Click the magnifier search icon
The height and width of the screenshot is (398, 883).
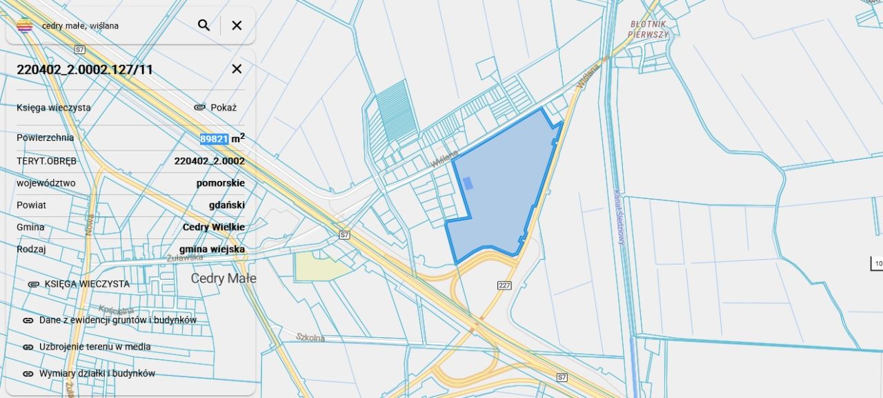[204, 26]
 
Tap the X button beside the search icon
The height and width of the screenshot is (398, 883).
[237, 26]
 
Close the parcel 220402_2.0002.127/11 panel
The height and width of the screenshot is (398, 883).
[237, 69]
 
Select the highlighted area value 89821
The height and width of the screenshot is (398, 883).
[214, 139]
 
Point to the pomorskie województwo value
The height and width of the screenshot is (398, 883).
[220, 183]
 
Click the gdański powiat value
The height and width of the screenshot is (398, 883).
[226, 205]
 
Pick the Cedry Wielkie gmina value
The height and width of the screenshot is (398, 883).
[213, 227]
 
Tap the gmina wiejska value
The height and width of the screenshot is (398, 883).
[212, 249]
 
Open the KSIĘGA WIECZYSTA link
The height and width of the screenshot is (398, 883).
[87, 284]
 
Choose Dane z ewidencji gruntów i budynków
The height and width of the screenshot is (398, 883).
[117, 321]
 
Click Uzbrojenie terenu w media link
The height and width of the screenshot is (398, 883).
[95, 347]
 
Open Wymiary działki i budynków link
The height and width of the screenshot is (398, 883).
[97, 374]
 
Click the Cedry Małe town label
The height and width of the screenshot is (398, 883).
[223, 278]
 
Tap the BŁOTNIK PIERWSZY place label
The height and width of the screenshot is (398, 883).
[649, 29]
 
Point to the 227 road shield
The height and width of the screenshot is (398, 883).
[504, 285]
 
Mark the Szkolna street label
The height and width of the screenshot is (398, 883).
[310, 337]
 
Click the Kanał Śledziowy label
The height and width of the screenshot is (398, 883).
[619, 218]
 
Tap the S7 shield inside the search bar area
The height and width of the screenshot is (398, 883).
[80, 50]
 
